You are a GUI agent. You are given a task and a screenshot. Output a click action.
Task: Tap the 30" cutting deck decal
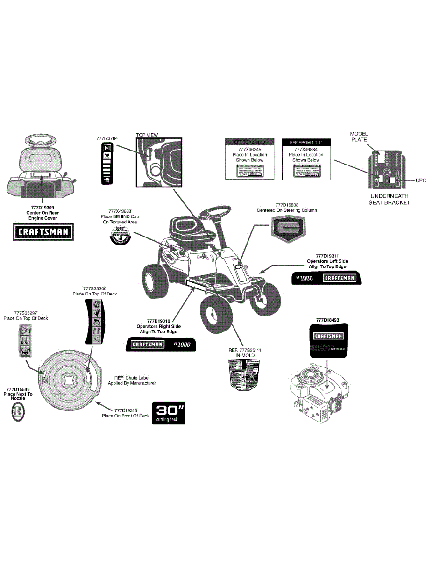(168, 413)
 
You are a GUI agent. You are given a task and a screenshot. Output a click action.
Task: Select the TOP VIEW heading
(147, 135)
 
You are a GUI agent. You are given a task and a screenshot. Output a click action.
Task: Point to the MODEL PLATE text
(359, 137)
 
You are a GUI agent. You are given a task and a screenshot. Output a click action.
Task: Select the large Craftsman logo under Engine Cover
(43, 232)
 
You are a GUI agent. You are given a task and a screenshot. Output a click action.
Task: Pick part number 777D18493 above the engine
(327, 320)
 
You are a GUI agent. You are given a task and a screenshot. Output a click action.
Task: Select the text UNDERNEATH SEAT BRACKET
(390, 199)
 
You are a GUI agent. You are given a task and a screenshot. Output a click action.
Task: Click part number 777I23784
(107, 138)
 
